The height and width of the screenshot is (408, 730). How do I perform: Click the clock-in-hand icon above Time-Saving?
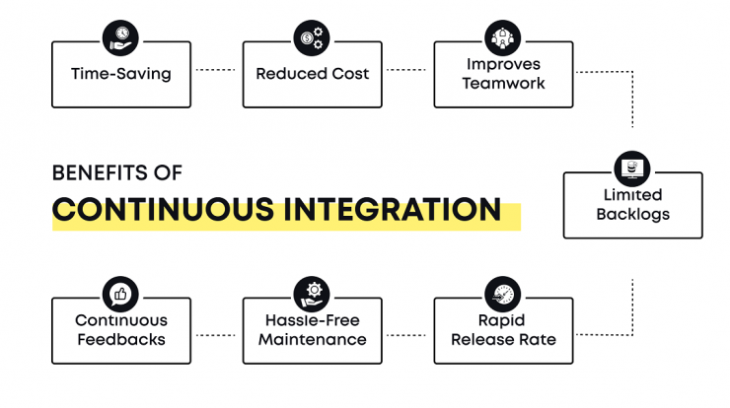[120, 38]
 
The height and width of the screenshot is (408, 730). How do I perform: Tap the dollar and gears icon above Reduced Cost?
[312, 38]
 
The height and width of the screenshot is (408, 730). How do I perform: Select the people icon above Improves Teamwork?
[503, 38]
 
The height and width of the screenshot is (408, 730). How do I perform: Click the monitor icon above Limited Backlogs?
[632, 169]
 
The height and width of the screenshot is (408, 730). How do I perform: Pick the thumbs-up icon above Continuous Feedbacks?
[120, 295]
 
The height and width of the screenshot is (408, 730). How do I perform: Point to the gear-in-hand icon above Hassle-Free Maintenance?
[312, 295]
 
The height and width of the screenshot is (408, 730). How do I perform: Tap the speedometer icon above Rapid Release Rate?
[503, 295]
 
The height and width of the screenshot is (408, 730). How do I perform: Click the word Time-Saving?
[121, 74]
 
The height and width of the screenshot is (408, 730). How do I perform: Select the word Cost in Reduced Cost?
[349, 74]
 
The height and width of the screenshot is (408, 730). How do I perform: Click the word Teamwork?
[503, 83]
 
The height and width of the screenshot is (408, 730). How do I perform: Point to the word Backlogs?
[633, 214]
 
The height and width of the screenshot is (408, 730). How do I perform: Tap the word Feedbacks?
[121, 340]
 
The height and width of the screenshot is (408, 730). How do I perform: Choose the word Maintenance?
[313, 340]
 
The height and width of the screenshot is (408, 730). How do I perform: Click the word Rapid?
[501, 321]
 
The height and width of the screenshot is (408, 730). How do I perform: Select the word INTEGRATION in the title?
[393, 209]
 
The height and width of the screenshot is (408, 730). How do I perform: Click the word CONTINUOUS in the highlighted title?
[163, 209]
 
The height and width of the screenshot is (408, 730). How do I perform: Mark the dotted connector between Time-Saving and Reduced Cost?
[216, 70]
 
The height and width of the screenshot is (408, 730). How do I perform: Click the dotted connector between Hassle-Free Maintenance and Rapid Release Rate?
[406, 335]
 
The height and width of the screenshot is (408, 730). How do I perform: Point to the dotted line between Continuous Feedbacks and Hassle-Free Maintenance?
[216, 335]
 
